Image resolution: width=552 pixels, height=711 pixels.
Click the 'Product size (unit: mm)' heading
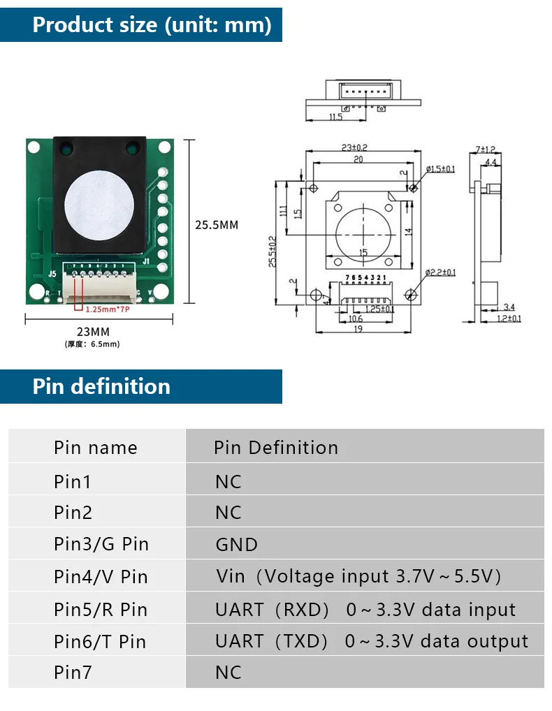[151, 25]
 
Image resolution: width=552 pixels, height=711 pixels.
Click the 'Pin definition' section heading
[101, 386]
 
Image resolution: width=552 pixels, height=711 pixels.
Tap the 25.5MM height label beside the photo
[217, 225]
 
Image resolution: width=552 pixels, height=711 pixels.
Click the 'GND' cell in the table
[236, 545]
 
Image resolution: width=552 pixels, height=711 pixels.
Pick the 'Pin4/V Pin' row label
[101, 577]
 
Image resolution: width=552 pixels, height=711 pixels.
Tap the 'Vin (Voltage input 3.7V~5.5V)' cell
[358, 576]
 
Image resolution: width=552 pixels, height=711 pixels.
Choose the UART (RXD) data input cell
[365, 610]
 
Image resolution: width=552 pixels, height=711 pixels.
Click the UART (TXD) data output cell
[371, 641]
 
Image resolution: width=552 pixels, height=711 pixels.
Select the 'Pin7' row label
[73, 673]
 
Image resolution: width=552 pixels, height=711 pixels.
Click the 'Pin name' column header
[96, 448]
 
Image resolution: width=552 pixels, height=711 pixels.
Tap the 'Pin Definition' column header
[275, 448]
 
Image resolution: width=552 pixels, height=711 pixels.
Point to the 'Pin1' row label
[73, 482]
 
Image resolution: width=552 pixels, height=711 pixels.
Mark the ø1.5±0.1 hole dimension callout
[440, 169]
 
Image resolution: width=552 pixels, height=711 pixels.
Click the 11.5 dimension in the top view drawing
[336, 117]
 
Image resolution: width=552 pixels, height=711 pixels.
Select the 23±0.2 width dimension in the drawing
[355, 147]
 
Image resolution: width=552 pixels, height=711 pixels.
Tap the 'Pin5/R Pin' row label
[101, 610]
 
